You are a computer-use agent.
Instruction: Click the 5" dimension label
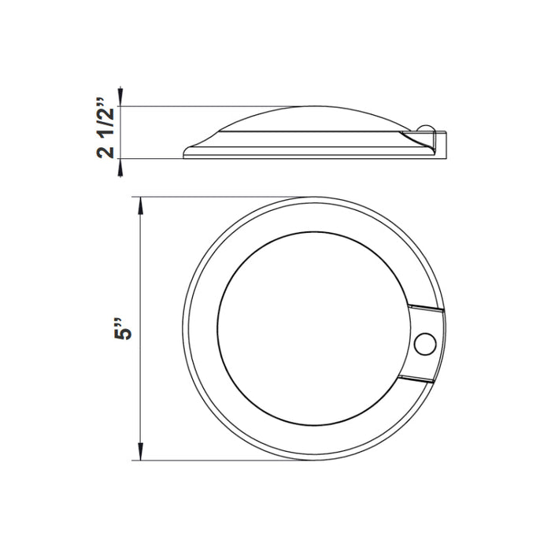123,329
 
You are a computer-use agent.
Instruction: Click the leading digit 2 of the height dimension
105,152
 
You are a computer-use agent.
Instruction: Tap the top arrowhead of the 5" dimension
141,205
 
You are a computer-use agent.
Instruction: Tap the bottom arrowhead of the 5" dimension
141,452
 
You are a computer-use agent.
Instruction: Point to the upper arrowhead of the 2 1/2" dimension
120,94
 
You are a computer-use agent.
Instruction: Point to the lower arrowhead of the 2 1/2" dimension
120,167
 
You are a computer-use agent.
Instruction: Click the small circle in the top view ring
425,344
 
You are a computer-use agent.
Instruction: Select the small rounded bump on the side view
425,128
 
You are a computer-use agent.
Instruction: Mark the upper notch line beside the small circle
425,308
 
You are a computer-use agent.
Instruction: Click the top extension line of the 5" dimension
218,197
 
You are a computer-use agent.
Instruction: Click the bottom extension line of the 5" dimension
218,460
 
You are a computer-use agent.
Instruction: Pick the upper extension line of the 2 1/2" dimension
207,106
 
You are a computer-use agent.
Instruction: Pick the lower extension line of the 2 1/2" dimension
151,158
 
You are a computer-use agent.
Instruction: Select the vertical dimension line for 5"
141,329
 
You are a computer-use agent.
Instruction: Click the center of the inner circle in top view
314,328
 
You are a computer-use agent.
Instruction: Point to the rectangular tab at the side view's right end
440,145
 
